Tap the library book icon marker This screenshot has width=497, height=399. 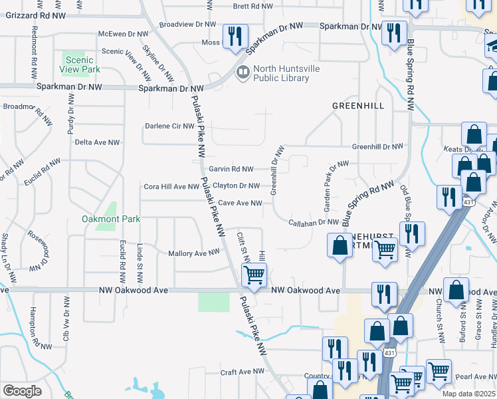click(243, 72)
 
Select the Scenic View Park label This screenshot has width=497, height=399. click(82, 65)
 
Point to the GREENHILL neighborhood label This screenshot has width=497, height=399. click(359, 106)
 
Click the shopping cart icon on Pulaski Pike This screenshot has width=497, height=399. click(254, 274)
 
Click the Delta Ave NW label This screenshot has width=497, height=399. click(97, 142)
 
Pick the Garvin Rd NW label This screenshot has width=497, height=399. click(231, 169)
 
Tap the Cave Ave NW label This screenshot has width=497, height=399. click(240, 203)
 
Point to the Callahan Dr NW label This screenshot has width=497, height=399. click(314, 223)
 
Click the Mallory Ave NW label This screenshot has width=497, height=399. click(193, 253)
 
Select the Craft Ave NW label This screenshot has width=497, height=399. click(243, 372)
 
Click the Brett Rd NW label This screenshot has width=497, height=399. click(253, 6)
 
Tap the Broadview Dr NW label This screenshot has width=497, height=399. click(188, 24)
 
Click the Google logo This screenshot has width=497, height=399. click(22, 391)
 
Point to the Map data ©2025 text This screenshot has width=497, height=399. click(469, 394)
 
